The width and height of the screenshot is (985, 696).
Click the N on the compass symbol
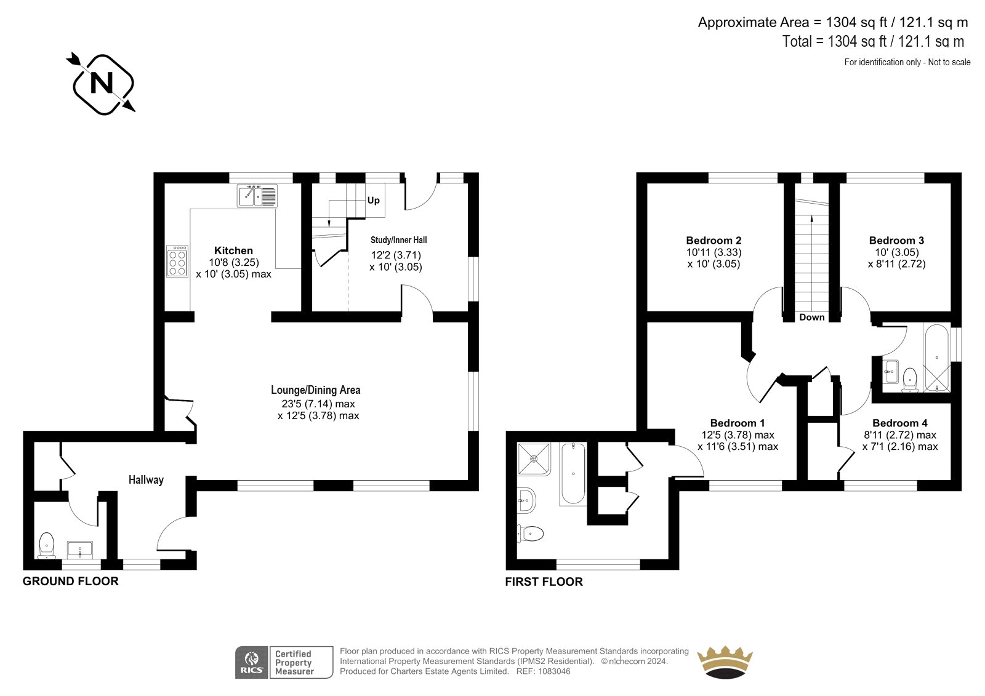click(102, 83)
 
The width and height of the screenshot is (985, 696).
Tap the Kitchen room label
click(233, 250)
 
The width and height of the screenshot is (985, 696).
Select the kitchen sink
click(257, 196)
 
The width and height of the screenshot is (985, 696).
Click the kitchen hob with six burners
click(177, 261)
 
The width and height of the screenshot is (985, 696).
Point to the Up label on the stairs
click(373, 201)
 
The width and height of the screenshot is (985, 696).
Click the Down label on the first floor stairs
click(812, 317)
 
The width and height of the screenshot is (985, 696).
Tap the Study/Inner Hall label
click(398, 240)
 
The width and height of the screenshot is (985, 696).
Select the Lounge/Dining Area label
click(315, 390)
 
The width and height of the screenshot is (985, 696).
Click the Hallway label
click(146, 479)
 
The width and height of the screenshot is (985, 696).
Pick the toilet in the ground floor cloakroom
click(46, 545)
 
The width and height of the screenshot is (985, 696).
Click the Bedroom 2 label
click(714, 241)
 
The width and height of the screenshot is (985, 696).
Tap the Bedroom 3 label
click(896, 241)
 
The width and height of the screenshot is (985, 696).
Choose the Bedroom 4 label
click(900, 423)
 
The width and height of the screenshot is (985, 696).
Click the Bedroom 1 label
click(738, 423)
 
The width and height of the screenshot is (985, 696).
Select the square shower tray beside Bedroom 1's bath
click(534, 459)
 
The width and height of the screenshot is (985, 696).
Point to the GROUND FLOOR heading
click(70, 582)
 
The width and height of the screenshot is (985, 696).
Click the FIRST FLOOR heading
click(544, 582)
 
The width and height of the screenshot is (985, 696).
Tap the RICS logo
click(252, 662)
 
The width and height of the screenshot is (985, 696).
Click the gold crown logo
click(725, 662)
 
